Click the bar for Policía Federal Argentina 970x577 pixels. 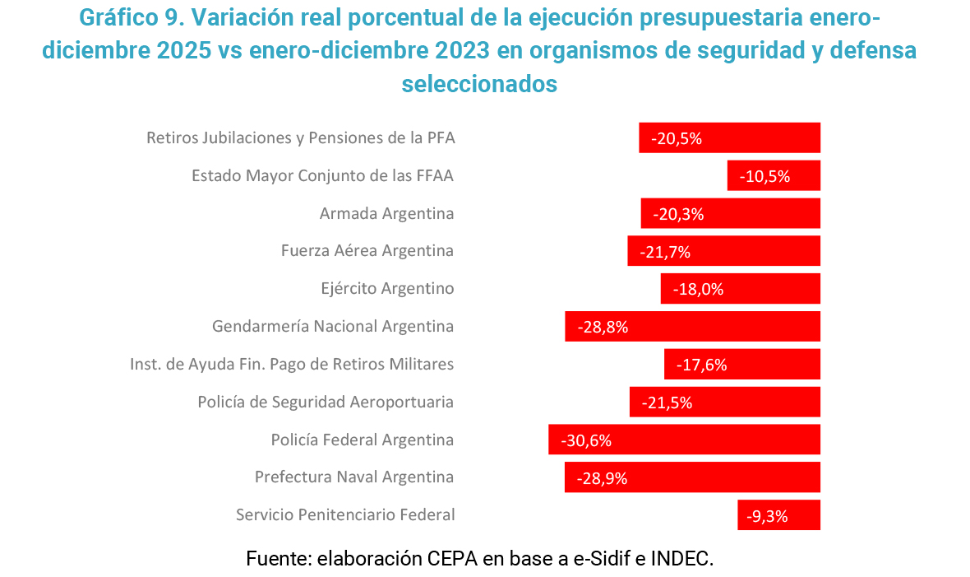click(684, 440)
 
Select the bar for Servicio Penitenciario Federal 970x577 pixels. click(778, 515)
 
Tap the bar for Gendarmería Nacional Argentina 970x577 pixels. click(692, 326)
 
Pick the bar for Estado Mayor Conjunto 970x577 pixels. click(774, 175)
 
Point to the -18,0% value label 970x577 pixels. click(698, 289)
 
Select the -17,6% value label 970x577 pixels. click(701, 365)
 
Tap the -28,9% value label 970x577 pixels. click(602, 478)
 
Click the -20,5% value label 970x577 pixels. click(677, 138)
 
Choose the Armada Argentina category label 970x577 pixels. click(386, 213)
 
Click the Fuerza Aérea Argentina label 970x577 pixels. click(367, 251)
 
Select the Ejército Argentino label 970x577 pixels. click(387, 289)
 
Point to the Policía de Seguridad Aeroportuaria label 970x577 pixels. click(326, 403)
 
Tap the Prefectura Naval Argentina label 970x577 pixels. click(354, 477)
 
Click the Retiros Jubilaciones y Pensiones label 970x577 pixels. click(300, 137)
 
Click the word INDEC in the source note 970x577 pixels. click(681, 558)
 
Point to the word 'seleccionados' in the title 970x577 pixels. click(479, 84)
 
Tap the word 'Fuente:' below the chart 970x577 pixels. click(276, 558)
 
